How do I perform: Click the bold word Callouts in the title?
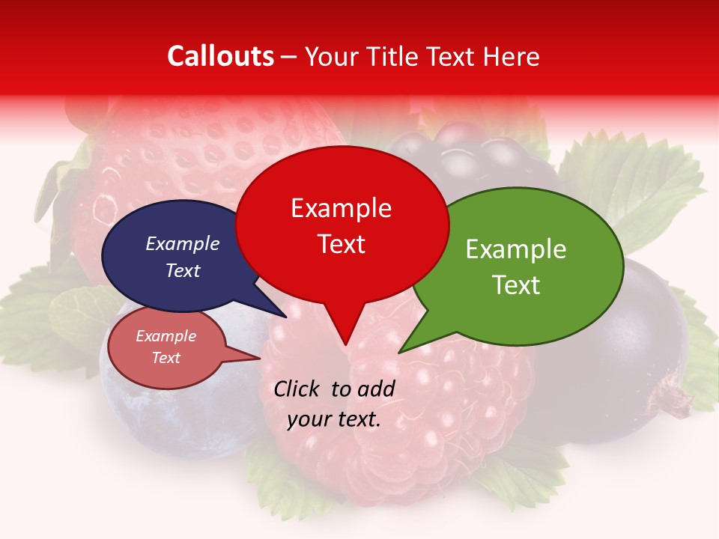pyautogui.click(x=220, y=56)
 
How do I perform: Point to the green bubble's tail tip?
pyautogui.click(x=400, y=352)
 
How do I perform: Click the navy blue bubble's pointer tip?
pyautogui.click(x=285, y=317)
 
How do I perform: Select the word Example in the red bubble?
pyautogui.click(x=341, y=208)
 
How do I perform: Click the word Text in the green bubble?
pyautogui.click(x=515, y=285)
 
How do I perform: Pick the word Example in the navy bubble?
pyautogui.click(x=182, y=243)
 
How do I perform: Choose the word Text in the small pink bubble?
pyautogui.click(x=166, y=358)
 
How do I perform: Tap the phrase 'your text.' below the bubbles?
pyautogui.click(x=333, y=420)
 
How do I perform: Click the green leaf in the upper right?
pyautogui.click(x=637, y=180)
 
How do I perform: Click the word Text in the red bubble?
pyautogui.click(x=341, y=244)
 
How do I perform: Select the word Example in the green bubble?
pyautogui.click(x=515, y=249)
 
